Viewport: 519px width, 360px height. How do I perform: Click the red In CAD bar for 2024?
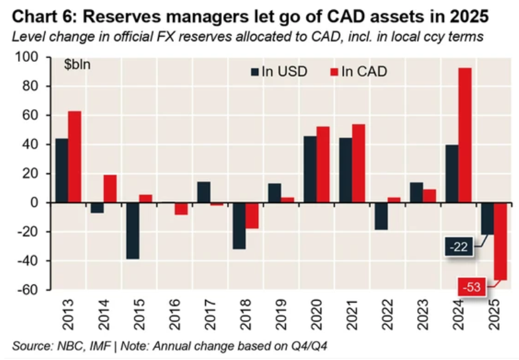pos(465,135)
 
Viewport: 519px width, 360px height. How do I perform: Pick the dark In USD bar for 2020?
pos(310,169)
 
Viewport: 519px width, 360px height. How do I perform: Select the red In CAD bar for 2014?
pos(110,189)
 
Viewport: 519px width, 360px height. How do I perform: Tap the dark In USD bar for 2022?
pos(381,216)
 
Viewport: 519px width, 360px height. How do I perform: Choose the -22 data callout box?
pos(461,247)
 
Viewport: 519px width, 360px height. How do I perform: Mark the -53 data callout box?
pos(473,287)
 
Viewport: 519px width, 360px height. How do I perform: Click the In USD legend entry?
pos(278,71)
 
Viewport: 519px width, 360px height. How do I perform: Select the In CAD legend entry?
pos(358,71)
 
